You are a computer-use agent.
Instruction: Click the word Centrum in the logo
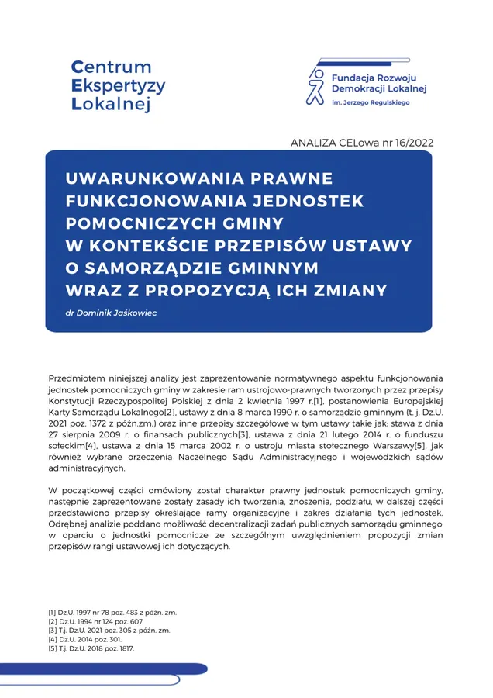pos(111,67)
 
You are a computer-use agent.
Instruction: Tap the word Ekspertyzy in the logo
pos(118,85)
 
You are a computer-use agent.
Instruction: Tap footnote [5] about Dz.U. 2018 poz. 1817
pos(91,649)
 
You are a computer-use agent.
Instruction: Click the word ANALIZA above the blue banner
pos(312,142)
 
